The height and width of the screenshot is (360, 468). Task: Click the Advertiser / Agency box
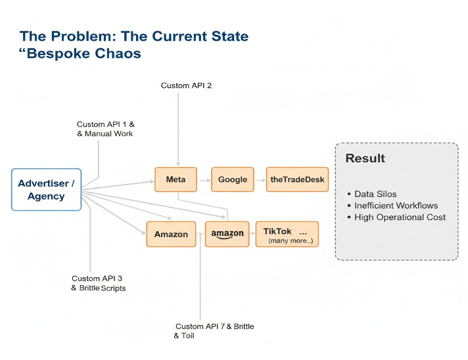click(47, 190)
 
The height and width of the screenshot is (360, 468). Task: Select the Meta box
click(175, 179)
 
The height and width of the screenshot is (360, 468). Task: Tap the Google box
click(233, 179)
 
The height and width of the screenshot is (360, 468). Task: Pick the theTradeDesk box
click(298, 179)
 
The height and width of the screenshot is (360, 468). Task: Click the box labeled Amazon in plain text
click(171, 234)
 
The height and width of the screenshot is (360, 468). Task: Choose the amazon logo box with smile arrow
click(227, 234)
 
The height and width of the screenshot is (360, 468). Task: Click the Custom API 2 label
click(186, 85)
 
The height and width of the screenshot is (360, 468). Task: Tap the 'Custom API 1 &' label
click(106, 124)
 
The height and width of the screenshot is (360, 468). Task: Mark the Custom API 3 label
click(97, 279)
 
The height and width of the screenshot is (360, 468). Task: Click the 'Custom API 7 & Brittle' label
click(214, 326)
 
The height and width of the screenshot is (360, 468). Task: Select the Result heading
click(365, 158)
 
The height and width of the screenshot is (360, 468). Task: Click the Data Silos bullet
click(375, 194)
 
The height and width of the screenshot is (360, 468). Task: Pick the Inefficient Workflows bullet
click(396, 206)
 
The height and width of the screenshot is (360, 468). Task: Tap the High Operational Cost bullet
click(400, 217)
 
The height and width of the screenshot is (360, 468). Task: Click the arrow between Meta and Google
click(203, 179)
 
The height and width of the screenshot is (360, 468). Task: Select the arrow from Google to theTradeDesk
click(260, 179)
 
